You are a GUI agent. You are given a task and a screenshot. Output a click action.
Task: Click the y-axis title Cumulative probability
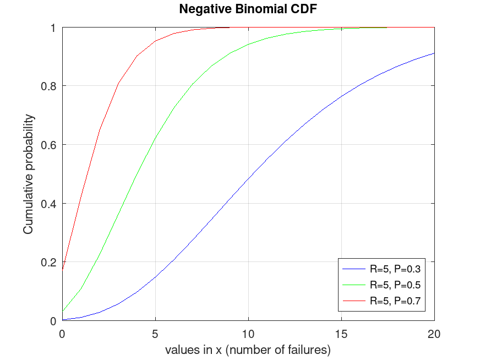click(28, 174)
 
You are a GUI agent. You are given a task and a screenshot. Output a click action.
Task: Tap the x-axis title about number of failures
click(248, 350)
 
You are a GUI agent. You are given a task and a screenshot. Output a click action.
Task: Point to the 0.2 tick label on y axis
click(48, 262)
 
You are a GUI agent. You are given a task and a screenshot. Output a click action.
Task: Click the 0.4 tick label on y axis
click(48, 204)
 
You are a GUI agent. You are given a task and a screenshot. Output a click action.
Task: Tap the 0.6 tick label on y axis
click(48, 145)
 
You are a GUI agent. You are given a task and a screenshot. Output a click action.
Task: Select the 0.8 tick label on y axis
click(48, 86)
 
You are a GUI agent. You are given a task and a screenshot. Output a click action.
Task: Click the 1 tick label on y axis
click(53, 28)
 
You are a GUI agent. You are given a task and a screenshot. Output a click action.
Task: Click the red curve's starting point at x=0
click(62, 270)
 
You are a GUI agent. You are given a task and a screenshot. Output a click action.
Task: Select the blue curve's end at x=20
click(434, 53)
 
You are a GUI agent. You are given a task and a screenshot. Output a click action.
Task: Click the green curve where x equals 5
click(155, 138)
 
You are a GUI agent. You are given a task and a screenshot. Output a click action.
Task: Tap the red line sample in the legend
click(353, 301)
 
